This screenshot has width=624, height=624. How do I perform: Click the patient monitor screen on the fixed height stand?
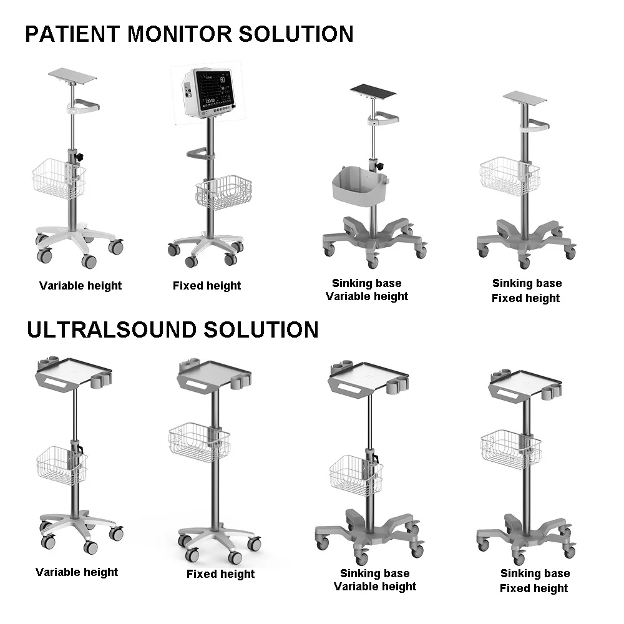(213, 88)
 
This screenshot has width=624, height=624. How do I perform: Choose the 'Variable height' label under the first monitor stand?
(80, 286)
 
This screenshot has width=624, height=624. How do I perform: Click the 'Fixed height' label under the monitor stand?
(207, 286)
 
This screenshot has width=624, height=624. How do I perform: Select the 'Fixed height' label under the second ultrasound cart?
(220, 574)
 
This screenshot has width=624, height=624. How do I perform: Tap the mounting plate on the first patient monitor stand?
(72, 77)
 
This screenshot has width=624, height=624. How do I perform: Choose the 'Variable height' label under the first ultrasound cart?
(77, 572)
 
